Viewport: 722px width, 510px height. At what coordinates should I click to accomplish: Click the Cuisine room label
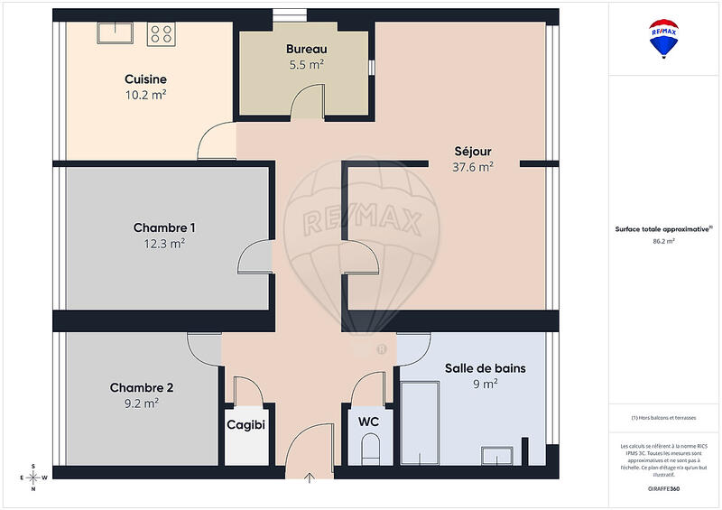144,79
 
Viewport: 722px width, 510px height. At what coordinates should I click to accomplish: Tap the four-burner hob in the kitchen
162,33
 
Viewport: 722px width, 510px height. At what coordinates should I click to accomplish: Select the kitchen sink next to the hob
115,32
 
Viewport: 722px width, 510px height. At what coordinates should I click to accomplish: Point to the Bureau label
306,49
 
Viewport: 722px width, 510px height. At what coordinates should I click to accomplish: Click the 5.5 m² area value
306,64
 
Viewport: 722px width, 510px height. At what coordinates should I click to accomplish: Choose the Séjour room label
472,151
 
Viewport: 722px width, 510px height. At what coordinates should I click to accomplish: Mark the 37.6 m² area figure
472,166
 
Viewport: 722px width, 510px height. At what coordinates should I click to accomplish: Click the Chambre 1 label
164,227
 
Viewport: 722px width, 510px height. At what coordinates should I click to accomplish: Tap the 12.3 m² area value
164,243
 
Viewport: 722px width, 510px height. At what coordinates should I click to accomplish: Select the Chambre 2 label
142,388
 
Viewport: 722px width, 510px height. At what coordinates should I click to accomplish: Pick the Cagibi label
245,423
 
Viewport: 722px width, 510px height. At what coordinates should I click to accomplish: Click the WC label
368,422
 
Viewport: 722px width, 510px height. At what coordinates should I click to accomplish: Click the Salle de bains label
485,368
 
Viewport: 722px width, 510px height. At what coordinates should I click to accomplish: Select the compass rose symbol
33,477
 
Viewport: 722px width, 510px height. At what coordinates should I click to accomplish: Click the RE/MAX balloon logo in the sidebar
664,38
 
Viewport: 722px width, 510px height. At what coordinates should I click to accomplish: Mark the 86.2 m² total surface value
664,242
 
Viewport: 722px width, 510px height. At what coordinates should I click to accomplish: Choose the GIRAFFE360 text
664,487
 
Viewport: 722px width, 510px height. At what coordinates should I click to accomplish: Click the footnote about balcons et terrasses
664,418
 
